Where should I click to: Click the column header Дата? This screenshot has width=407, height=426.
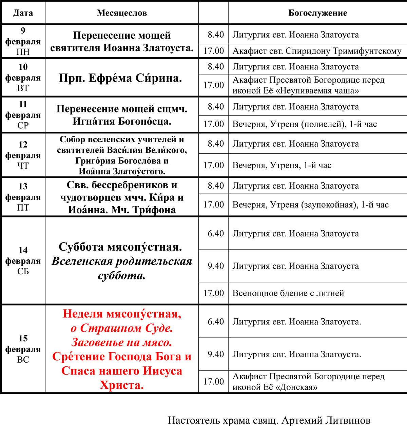click(x=23, y=13)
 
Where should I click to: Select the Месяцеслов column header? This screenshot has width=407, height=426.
click(x=122, y=13)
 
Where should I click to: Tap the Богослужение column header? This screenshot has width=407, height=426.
click(x=317, y=13)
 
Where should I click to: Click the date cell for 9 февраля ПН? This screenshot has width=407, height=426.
click(x=23, y=41)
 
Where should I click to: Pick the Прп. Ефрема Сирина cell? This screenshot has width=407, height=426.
click(x=120, y=78)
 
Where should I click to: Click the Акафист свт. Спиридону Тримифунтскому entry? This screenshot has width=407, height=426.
click(x=317, y=51)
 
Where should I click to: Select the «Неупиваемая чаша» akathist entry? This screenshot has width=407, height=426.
click(x=308, y=85)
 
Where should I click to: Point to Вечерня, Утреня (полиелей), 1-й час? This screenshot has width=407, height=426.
click(x=305, y=124)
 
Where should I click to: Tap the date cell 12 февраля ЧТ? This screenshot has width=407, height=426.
click(x=23, y=155)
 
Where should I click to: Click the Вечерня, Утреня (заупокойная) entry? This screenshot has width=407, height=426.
click(x=310, y=205)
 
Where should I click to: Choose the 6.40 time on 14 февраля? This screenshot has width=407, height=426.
click(x=216, y=233)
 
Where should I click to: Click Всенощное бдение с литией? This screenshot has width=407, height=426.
click(x=288, y=293)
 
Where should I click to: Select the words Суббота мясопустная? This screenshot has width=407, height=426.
click(x=120, y=247)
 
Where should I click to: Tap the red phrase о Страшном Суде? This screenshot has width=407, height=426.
click(x=122, y=328)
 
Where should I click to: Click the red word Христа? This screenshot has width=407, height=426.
click(x=122, y=385)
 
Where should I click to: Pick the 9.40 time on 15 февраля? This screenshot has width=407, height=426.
click(x=216, y=354)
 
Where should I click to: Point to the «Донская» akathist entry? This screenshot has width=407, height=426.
click(x=308, y=382)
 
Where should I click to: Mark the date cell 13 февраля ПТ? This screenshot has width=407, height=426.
click(x=23, y=197)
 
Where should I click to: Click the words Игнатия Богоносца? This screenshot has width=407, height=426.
click(x=122, y=121)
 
